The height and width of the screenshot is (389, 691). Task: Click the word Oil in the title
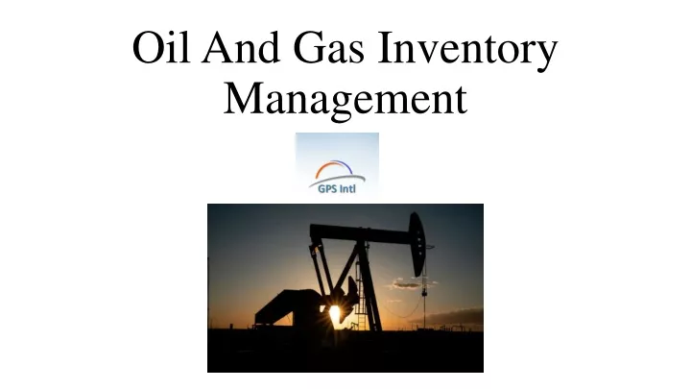click(161, 47)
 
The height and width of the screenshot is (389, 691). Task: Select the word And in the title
click(241, 47)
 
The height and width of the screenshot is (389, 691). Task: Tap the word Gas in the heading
click(329, 47)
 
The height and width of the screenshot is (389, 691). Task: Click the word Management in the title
click(345, 98)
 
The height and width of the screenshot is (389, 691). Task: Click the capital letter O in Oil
click(149, 47)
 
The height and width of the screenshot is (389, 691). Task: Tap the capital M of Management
click(245, 98)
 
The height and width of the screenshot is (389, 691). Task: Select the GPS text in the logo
click(327, 189)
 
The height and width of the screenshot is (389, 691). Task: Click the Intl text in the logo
click(347, 189)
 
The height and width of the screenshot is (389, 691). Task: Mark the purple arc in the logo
click(345, 165)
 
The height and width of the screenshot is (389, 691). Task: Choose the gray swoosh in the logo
click(337, 180)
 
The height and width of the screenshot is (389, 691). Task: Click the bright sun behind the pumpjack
click(335, 312)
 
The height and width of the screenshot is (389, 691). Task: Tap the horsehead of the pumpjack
click(417, 243)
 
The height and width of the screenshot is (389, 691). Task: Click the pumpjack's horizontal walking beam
click(361, 233)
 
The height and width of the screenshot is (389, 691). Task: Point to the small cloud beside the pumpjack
click(409, 283)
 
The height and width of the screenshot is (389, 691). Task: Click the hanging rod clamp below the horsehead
click(424, 292)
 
